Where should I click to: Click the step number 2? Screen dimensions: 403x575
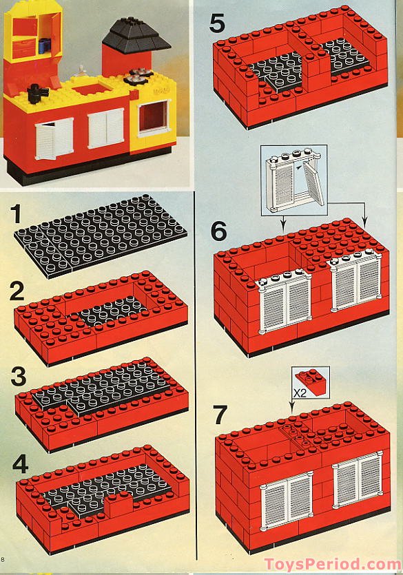pos(17,291)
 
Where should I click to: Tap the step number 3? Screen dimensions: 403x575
pos(19,377)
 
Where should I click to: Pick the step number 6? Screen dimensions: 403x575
pos(219,231)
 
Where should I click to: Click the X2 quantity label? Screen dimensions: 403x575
pos(300,393)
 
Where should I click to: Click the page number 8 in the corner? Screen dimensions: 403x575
pos(3,560)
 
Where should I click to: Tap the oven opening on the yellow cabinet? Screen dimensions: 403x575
pos(154,116)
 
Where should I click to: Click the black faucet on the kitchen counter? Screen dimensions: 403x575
pos(38,92)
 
